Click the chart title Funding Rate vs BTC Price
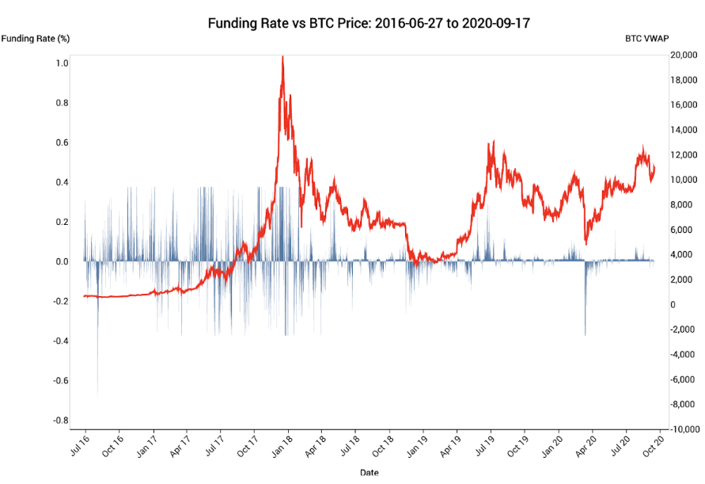(x=369, y=23)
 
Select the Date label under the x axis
(x=369, y=473)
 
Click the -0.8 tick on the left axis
(x=60, y=420)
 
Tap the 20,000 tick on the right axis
(x=682, y=55)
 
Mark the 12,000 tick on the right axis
(x=682, y=155)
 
